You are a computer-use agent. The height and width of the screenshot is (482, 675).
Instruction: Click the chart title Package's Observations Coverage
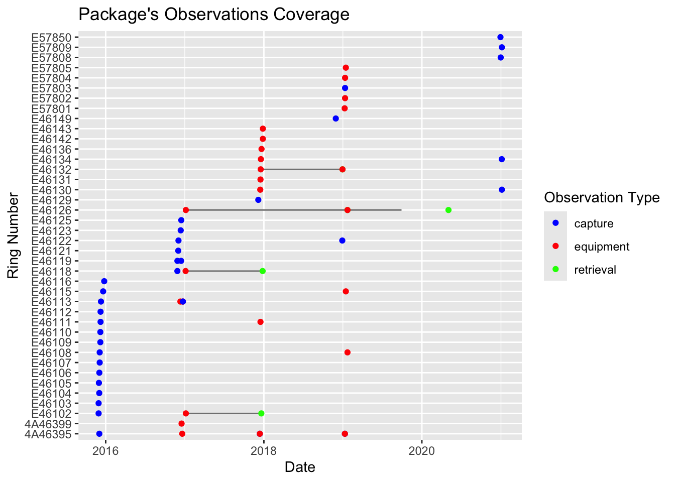click(x=214, y=15)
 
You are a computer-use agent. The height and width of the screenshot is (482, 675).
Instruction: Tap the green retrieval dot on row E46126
click(x=448, y=210)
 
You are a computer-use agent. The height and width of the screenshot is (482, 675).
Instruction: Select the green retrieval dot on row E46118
click(x=263, y=271)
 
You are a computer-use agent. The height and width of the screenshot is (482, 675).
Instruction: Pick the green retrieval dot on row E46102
click(x=261, y=414)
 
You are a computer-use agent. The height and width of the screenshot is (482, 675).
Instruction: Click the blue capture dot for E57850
click(x=500, y=37)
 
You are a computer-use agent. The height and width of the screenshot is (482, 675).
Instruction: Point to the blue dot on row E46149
click(x=336, y=118)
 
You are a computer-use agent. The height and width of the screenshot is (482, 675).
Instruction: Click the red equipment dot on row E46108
click(x=348, y=352)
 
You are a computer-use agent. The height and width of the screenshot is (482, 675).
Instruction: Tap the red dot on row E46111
click(x=260, y=322)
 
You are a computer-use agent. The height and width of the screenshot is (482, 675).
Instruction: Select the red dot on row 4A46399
click(x=181, y=424)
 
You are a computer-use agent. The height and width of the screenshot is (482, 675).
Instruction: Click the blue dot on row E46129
click(x=258, y=200)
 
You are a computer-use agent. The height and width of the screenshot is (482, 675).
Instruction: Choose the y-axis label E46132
click(x=55, y=169)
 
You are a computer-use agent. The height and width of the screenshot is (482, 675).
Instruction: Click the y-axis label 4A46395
click(x=51, y=434)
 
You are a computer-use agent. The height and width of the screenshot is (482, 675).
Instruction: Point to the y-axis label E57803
click(x=55, y=88)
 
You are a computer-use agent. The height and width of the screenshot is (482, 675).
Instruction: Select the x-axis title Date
click(x=300, y=467)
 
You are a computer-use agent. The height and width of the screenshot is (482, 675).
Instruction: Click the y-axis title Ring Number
click(x=14, y=235)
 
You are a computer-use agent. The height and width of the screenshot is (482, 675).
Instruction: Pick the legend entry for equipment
click(x=602, y=247)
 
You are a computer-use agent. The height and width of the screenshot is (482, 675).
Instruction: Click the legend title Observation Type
click(x=602, y=198)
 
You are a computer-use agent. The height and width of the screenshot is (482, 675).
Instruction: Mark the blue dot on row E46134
click(x=502, y=159)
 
